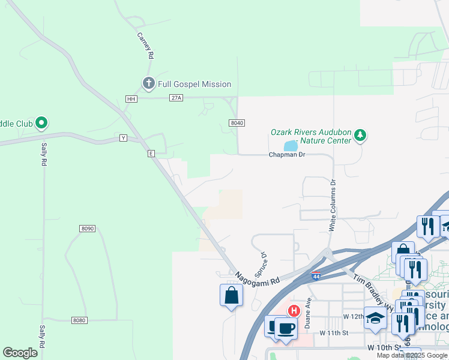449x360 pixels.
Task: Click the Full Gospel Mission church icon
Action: [x=148, y=83]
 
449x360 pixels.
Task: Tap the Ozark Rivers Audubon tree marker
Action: [x=360, y=135]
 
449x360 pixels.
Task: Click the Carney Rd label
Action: [x=145, y=45]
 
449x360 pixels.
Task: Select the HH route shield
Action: [x=131, y=98]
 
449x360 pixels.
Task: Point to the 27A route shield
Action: [x=175, y=98]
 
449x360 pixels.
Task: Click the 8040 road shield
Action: [x=237, y=122]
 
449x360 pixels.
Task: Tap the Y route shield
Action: [x=124, y=138]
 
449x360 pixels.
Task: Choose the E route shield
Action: [x=151, y=154]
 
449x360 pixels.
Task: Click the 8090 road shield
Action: [x=87, y=228]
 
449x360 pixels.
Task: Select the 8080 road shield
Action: [x=79, y=320]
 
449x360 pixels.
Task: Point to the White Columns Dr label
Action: [x=332, y=205]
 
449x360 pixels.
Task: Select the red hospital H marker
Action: [x=294, y=311]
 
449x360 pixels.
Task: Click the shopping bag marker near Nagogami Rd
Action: [x=232, y=295]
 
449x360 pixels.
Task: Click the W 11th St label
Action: [x=334, y=332]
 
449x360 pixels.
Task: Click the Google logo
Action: [x=20, y=353]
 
